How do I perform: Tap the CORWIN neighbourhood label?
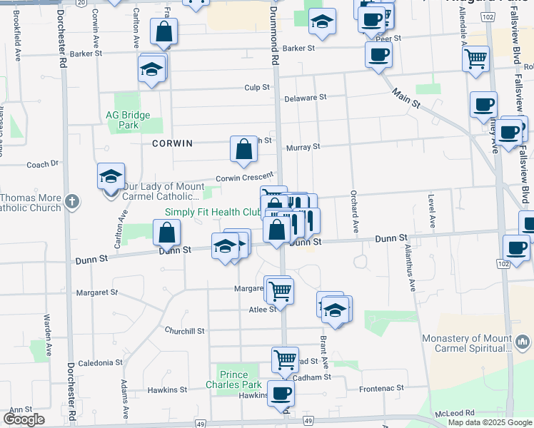tap(172, 143)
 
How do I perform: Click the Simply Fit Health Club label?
tap(213, 213)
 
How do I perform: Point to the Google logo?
tap(24, 419)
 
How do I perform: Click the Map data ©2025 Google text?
tap(490, 422)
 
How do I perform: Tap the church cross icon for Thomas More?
tap(71, 202)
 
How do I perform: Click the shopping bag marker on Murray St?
tap(243, 148)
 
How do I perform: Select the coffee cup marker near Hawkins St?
tap(281, 392)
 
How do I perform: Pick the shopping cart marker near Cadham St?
tap(285, 359)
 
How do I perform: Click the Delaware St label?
tap(305, 97)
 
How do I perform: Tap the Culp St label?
tap(256, 88)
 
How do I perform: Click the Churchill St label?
tap(184, 331)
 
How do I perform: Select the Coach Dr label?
tap(42, 164)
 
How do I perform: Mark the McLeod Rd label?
tap(460, 413)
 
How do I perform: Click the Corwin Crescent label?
tap(245, 177)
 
